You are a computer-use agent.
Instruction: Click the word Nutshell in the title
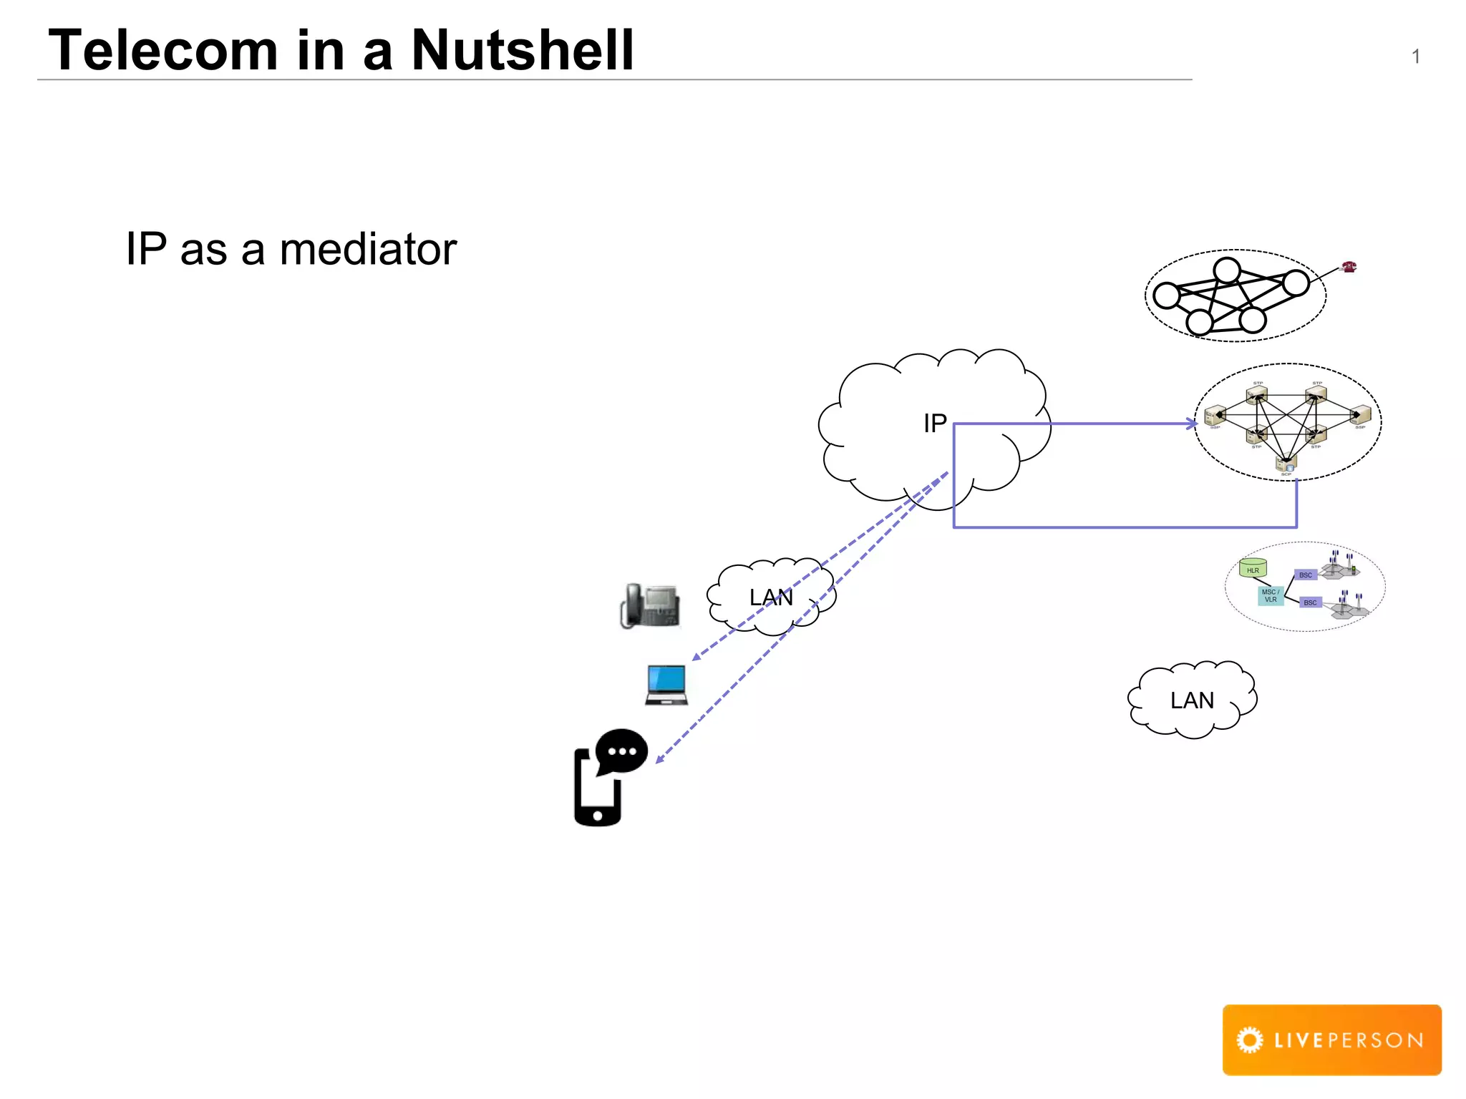pos(523,50)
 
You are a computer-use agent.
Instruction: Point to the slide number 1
pos(1415,57)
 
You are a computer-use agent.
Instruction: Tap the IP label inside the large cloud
pos(935,424)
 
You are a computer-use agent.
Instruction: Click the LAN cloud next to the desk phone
pos(771,597)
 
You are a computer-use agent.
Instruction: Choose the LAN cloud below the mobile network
pos(1192,700)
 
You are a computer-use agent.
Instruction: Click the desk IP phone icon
pos(650,606)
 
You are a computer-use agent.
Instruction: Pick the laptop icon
pos(666,685)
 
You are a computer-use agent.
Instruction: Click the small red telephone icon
pos(1349,267)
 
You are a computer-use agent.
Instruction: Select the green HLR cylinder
pos(1253,568)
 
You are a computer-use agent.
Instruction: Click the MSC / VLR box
pos(1271,596)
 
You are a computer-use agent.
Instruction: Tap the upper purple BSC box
pos(1306,575)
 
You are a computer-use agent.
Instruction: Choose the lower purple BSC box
pos(1310,602)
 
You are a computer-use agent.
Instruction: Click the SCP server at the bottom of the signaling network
pos(1286,464)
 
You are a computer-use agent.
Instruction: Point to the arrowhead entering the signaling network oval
pos(1192,424)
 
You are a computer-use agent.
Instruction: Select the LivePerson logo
pos(1331,1040)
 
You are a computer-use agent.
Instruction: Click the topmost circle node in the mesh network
pos(1227,270)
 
